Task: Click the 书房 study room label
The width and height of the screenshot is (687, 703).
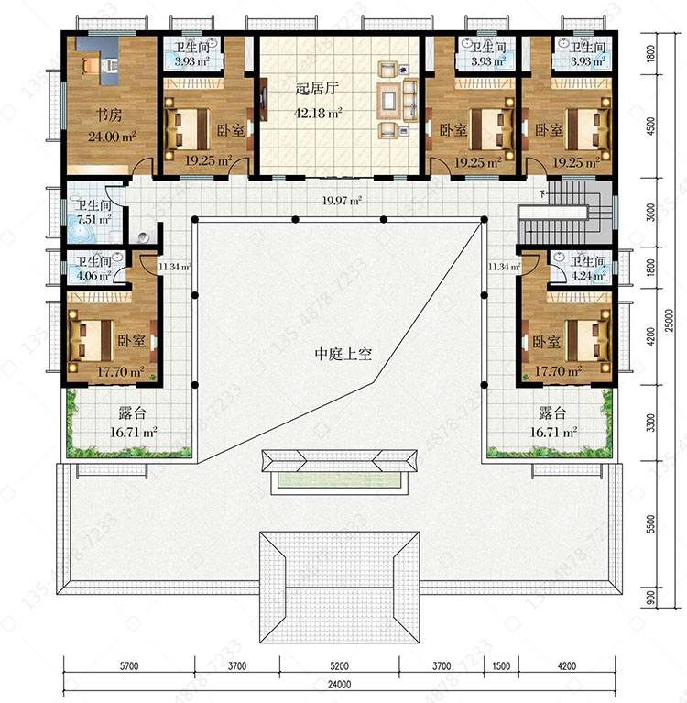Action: pos(108,115)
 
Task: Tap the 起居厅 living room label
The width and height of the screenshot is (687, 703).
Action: pos(316,88)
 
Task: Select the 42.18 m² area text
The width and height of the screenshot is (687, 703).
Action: pos(318,113)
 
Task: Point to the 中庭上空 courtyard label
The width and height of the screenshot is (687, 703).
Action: pos(343,354)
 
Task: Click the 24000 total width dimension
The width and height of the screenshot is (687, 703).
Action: pos(339,685)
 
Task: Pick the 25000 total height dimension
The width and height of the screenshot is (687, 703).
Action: pos(669,320)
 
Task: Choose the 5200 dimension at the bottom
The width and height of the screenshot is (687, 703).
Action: pos(339,665)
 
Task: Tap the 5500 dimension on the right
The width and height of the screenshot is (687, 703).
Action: pos(650,523)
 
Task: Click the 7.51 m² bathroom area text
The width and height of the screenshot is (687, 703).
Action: pos(94,220)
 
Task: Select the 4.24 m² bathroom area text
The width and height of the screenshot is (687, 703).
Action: pos(588,276)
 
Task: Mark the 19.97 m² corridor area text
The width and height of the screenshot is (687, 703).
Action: pos(342,201)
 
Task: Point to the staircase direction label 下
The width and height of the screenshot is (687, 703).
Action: pos(543,194)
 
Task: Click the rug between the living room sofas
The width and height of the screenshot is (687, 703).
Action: pos(387,99)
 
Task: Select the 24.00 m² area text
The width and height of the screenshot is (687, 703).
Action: pos(112,136)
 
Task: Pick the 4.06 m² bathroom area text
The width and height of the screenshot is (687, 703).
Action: pos(93,276)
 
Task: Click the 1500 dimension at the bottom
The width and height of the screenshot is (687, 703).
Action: pos(501,665)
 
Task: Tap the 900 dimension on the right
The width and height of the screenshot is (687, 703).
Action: pos(650,597)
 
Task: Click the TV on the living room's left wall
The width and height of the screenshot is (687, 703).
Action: pos(264,99)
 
